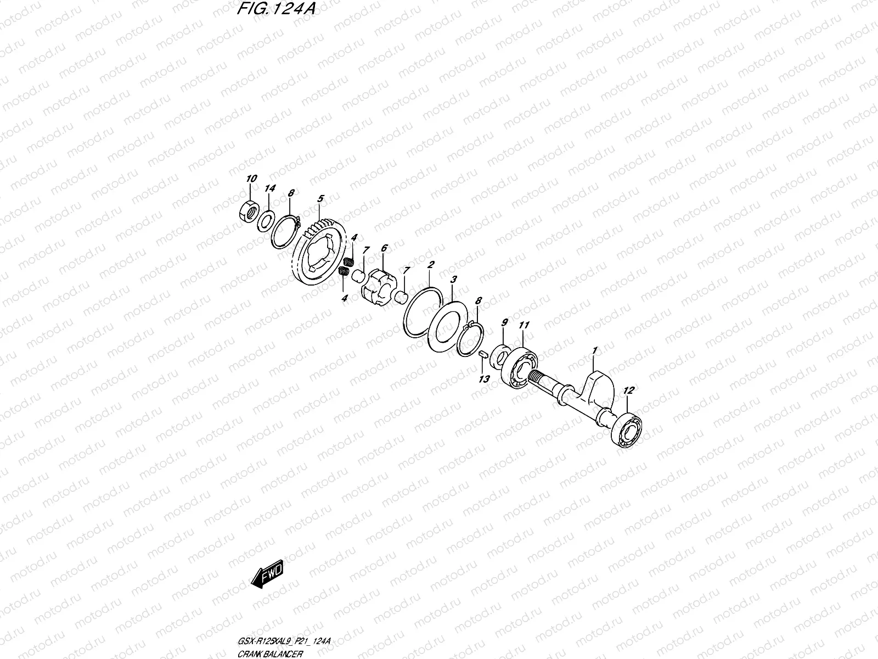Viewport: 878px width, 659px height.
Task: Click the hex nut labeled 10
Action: click(249, 211)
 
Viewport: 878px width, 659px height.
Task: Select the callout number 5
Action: click(320, 197)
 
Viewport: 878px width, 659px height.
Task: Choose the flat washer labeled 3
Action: click(447, 327)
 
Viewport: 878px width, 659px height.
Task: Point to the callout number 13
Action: click(483, 379)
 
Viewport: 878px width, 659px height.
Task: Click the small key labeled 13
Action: click(481, 354)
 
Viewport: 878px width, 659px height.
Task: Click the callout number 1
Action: click(593, 349)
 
